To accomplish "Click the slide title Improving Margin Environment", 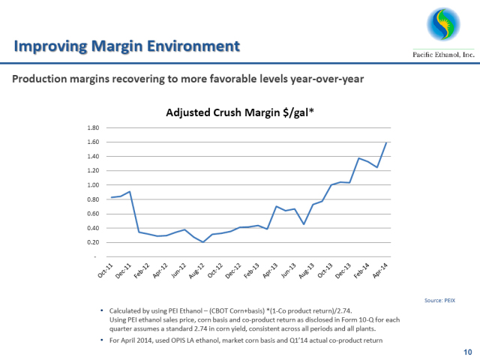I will (x=127, y=46).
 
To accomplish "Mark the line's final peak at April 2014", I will (x=386, y=142).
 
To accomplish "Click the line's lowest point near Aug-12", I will (x=202, y=241).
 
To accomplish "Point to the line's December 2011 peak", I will (x=130, y=192).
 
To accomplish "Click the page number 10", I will (x=466, y=351).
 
